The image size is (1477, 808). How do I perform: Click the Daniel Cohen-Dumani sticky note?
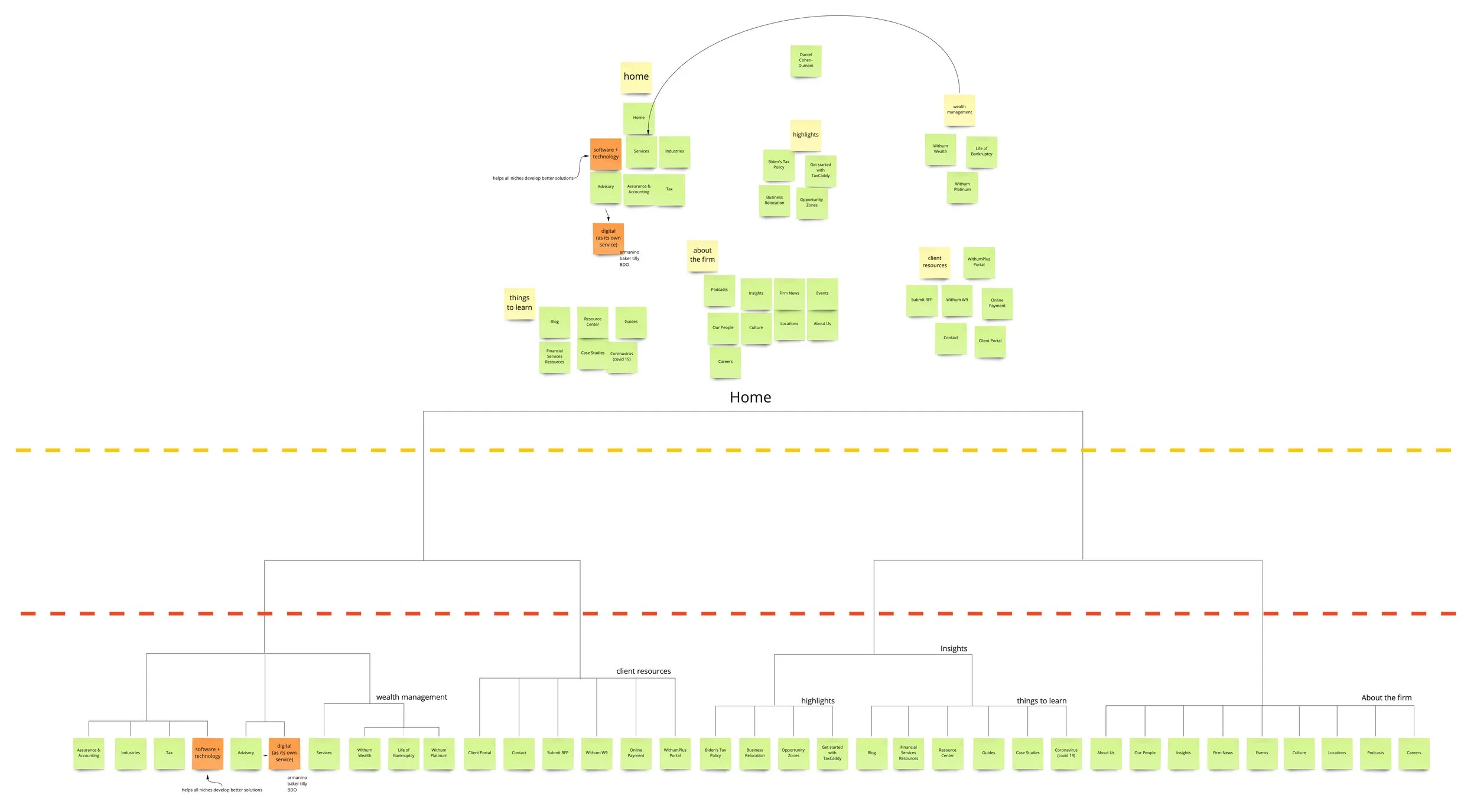pos(805,60)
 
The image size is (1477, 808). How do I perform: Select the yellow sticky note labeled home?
pos(636,77)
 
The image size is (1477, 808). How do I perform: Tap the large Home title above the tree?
pos(750,397)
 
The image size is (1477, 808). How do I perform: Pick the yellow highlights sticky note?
pos(805,135)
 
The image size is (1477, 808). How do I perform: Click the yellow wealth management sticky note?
pos(959,110)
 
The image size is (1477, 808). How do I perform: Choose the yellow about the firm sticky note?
pos(702,255)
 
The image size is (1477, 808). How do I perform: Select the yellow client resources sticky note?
pos(934,262)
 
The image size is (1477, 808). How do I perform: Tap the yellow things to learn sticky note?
pos(519,303)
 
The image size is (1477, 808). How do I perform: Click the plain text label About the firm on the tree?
pos(1386,697)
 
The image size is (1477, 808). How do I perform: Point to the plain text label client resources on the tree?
pos(643,671)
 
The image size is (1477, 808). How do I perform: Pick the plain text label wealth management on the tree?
pos(411,697)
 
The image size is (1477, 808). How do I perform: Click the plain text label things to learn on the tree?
pos(1041,700)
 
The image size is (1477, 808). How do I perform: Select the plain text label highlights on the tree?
pos(818,700)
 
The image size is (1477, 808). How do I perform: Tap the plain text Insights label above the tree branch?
pos(954,648)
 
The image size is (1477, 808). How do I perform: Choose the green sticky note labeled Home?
pos(639,118)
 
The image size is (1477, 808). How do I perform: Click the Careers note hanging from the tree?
pos(1413,753)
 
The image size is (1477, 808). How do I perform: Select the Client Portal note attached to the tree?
pos(479,753)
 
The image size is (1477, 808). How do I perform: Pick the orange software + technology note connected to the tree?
pos(207,753)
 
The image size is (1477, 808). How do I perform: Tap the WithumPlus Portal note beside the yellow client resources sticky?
pos(978,262)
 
